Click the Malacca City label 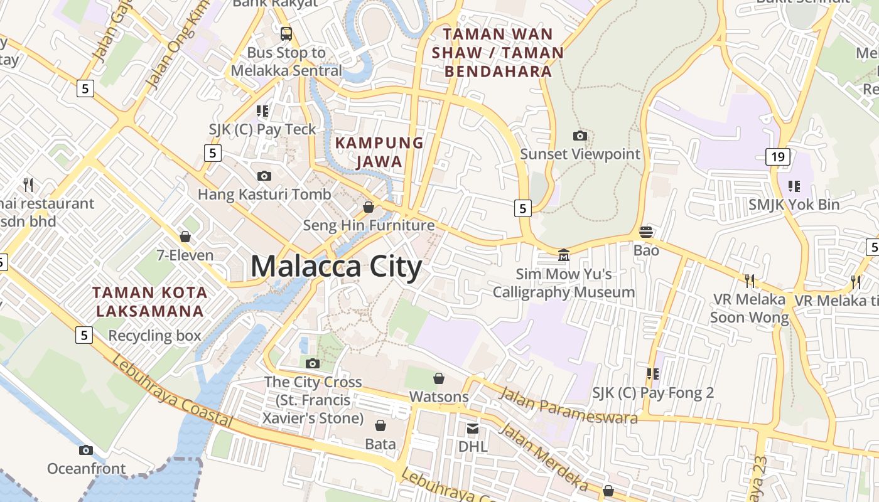[x=336, y=267]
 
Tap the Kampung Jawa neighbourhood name [x=379, y=152]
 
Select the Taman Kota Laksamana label [x=149, y=301]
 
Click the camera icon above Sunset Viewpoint [x=580, y=136]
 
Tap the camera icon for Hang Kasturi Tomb [x=264, y=176]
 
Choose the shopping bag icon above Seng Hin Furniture [x=369, y=206]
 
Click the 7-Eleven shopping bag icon [x=185, y=237]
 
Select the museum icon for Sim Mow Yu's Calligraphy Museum [x=564, y=255]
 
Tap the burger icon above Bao [x=646, y=232]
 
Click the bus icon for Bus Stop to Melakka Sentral [x=286, y=33]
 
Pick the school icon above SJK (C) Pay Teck [x=262, y=111]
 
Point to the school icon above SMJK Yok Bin [x=794, y=186]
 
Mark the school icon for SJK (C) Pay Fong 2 [x=653, y=374]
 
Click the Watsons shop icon [x=439, y=378]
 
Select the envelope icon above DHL [x=473, y=428]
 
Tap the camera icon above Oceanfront [x=86, y=450]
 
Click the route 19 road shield [x=777, y=157]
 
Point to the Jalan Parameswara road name [x=568, y=405]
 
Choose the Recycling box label [x=154, y=336]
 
